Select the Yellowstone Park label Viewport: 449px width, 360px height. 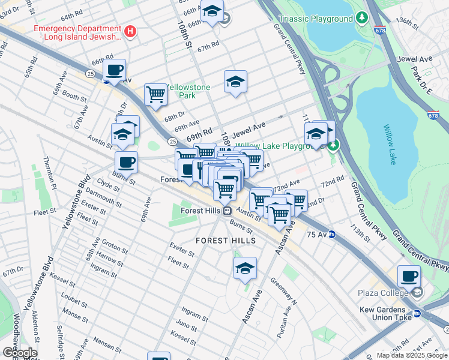188,91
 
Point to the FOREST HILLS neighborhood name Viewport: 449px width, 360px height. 226,241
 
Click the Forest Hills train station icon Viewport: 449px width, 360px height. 227,211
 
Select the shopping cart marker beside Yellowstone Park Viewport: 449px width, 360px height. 155,94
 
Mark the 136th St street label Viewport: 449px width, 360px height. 407,22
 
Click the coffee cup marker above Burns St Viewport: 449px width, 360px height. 126,162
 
